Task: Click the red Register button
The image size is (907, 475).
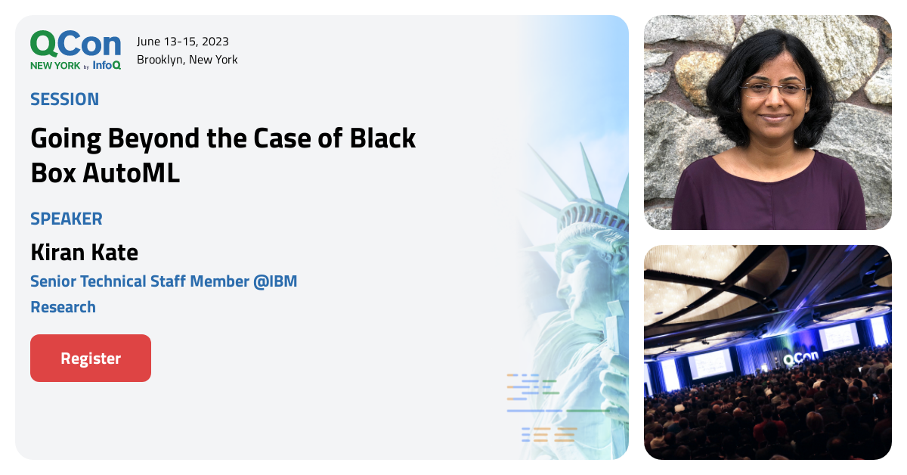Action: pos(91,359)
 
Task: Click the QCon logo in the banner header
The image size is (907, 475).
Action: pos(75,44)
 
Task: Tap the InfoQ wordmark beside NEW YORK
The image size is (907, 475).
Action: pos(107,66)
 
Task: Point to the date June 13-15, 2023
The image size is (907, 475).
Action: pos(183,42)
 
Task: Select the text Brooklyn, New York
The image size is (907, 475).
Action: pos(187,60)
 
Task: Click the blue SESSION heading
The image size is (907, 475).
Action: pos(65,99)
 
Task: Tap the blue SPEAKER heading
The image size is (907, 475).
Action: pos(67,219)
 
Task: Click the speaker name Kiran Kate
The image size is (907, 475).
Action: pos(84,252)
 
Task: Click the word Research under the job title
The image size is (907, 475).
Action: pos(63,307)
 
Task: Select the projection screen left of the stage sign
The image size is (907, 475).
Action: pos(710,363)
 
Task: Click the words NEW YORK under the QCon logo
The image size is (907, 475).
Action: pos(54,66)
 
